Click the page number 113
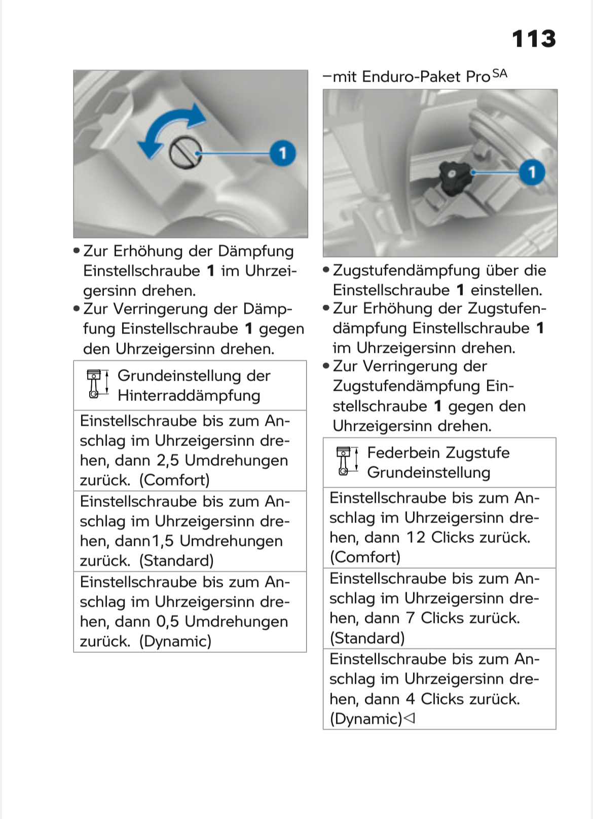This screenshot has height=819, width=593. tap(534, 39)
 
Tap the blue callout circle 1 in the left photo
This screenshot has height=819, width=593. tap(282, 153)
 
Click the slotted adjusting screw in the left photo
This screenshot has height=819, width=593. tap(185, 153)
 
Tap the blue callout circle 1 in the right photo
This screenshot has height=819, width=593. tap(532, 172)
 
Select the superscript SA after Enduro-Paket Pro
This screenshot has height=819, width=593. tap(499, 74)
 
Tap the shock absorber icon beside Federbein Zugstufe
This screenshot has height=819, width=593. tap(347, 461)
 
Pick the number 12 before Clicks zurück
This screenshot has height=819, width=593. tap(416, 537)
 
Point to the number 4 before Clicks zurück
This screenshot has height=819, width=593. tap(411, 699)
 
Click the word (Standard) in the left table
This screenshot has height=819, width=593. tap(176, 561)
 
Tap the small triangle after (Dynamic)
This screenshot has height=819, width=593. tap(410, 718)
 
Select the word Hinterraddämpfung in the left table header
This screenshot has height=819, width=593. tap(189, 395)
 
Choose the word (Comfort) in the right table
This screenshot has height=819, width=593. tap(365, 557)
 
